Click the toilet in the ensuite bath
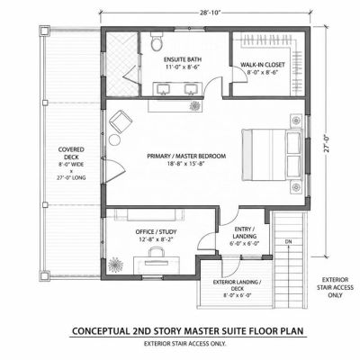pos(157,41)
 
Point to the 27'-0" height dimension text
pos(327,144)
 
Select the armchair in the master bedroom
pos(121,121)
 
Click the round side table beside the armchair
pos(114,139)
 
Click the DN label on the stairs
pos(288,242)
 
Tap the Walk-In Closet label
pos(263,65)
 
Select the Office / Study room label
pos(156,232)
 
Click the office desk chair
pos(157,252)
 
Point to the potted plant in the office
pos(116,265)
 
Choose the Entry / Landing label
pos(245,232)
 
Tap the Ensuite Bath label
pos(183,59)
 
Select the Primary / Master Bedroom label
pos(186,156)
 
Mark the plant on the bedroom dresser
pos(195,105)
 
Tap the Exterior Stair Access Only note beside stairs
pos(335,287)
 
